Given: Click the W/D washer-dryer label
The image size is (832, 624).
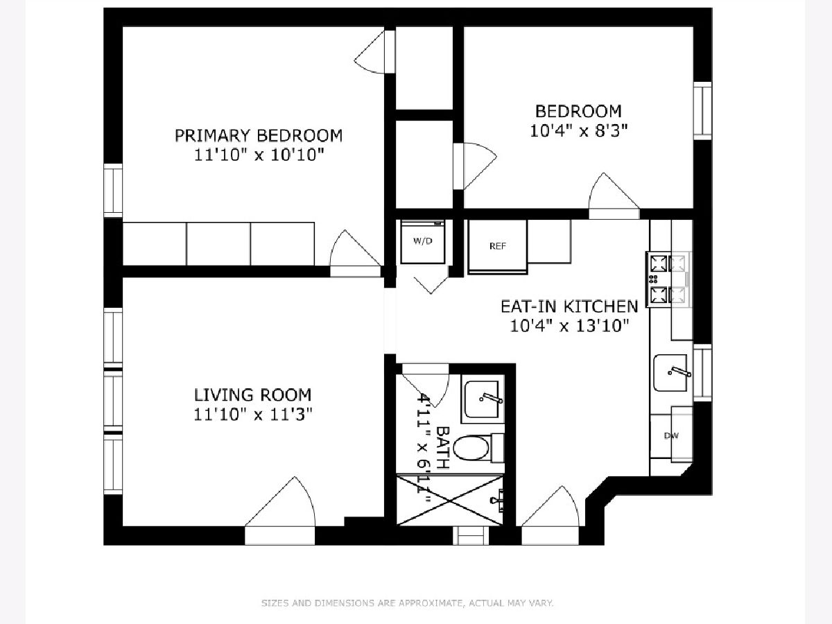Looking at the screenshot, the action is (423, 241).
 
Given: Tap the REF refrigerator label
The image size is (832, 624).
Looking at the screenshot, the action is (498, 246).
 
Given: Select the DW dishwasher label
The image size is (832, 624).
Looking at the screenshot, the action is (671, 435).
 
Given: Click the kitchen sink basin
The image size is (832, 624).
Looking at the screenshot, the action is (670, 373).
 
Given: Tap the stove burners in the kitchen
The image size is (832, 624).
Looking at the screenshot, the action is (668, 279).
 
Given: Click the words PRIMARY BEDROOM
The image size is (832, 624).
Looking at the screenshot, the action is (259, 136).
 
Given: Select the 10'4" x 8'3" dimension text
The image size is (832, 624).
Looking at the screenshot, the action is (578, 131).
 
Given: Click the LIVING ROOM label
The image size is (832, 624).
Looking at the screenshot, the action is (253, 395).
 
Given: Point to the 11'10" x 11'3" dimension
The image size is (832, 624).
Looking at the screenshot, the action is (253, 415).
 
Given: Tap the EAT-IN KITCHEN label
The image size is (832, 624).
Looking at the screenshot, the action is (569, 306).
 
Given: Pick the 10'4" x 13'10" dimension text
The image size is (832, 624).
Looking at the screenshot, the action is (569, 326).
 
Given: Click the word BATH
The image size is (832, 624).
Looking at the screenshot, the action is (443, 448).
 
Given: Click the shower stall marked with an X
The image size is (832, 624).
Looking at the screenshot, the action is (449, 501).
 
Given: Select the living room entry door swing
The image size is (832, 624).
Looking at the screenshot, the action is (280, 502).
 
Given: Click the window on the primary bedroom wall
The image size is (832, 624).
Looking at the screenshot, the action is (113, 191).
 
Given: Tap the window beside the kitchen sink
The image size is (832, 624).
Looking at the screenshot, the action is (702, 373).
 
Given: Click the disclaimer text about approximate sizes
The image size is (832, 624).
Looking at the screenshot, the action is (408, 603).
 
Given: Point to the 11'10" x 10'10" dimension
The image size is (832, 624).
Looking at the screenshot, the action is (259, 155).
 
